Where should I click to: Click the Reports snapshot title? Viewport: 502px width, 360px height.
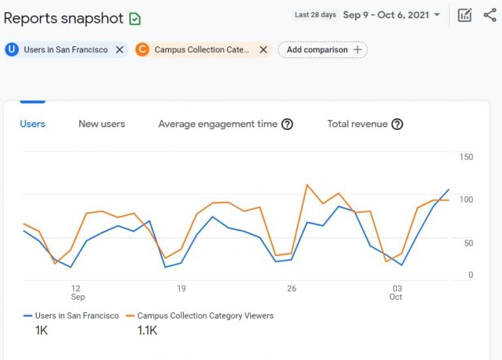tap(63, 18)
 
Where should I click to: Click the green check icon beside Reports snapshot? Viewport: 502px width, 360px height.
tap(135, 19)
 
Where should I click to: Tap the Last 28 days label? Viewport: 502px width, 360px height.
tap(315, 15)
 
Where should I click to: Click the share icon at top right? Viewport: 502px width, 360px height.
tap(490, 15)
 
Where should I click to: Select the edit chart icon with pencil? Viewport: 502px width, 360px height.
tap(465, 15)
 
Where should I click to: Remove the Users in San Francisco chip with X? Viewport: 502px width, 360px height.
tap(120, 50)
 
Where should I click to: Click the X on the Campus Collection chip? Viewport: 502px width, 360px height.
tap(263, 50)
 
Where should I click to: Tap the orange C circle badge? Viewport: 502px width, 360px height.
tap(142, 50)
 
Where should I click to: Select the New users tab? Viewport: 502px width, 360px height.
tap(101, 123)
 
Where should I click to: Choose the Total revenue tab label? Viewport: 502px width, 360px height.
tap(357, 123)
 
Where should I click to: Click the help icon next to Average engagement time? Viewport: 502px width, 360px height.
tap(287, 124)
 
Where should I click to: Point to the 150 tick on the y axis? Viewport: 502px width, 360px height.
tap(466, 157)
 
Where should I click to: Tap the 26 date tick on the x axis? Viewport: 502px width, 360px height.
tap(292, 288)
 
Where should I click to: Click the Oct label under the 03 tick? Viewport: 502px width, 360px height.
tap(395, 297)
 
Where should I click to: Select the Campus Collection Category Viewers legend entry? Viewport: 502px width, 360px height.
tap(205, 316)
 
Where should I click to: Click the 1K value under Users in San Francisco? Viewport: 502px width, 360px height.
tap(41, 331)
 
